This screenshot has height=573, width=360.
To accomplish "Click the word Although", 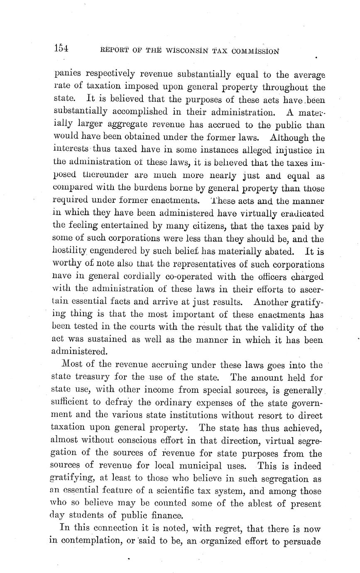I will (289, 137).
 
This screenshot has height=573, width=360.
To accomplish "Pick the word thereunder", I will (98, 175).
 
